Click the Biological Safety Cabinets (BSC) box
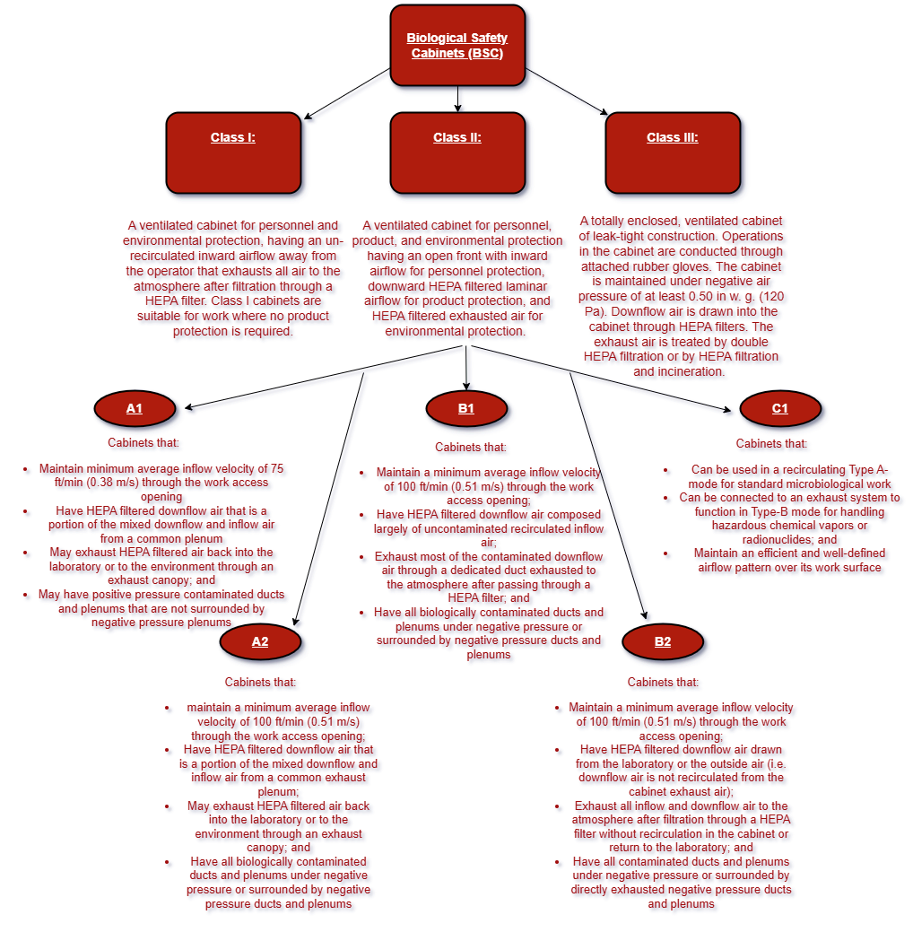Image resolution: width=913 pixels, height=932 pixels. (457, 46)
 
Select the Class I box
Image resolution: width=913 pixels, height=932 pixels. (233, 152)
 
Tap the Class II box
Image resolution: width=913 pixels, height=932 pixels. (457, 152)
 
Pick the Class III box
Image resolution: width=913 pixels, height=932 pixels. (673, 152)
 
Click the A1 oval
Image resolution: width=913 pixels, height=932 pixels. (134, 409)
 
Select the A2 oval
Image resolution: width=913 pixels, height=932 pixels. (259, 641)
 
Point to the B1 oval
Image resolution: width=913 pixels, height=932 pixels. (466, 409)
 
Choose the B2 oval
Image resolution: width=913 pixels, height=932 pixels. (663, 641)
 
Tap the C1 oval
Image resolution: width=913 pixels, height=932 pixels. (780, 409)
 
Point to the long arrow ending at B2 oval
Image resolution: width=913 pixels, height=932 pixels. (607, 493)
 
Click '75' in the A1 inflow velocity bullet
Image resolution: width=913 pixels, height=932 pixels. (276, 468)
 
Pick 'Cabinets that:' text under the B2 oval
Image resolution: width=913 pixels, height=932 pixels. (663, 683)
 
